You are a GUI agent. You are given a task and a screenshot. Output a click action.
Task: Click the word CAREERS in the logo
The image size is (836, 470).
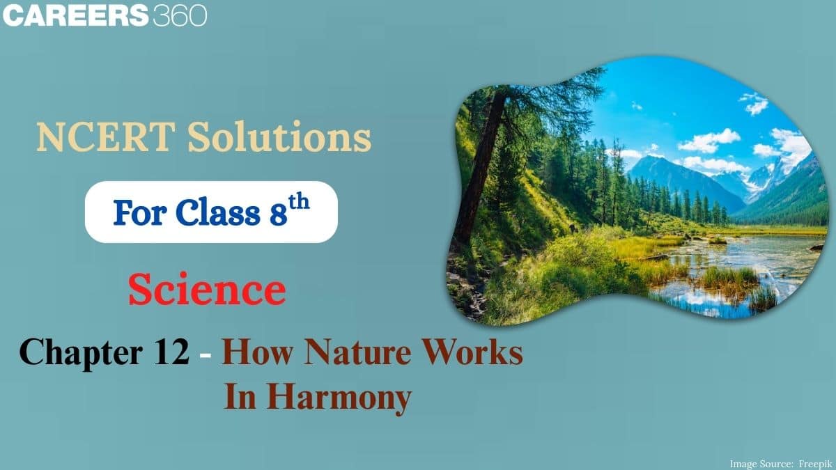coord(75,15)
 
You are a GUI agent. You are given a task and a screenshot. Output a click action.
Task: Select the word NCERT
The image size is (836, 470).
coord(106,137)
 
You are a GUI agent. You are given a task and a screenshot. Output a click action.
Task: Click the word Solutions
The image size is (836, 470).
coord(279,136)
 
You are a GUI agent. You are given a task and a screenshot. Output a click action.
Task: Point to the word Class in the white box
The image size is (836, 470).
coord(217,212)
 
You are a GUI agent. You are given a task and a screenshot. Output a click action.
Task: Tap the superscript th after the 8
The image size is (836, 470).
coord(299,202)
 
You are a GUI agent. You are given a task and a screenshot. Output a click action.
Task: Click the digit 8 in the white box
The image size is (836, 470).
coord(279,214)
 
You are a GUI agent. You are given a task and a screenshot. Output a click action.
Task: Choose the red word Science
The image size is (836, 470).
coord(207,289)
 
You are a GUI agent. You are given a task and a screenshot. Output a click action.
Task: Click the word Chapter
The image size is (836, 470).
coord(81,353)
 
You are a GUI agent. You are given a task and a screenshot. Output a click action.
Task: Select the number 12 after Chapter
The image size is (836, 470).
coord(171,352)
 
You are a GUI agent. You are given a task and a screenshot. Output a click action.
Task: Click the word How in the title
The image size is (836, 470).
coord(258,351)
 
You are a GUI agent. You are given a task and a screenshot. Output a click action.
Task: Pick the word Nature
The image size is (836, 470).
coord(358,351)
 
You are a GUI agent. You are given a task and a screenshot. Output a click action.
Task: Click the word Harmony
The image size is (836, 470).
coord(339,398)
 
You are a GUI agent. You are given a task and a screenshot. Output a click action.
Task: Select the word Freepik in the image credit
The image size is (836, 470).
coord(816,464)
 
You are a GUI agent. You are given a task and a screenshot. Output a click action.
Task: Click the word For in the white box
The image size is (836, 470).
coord(140,212)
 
